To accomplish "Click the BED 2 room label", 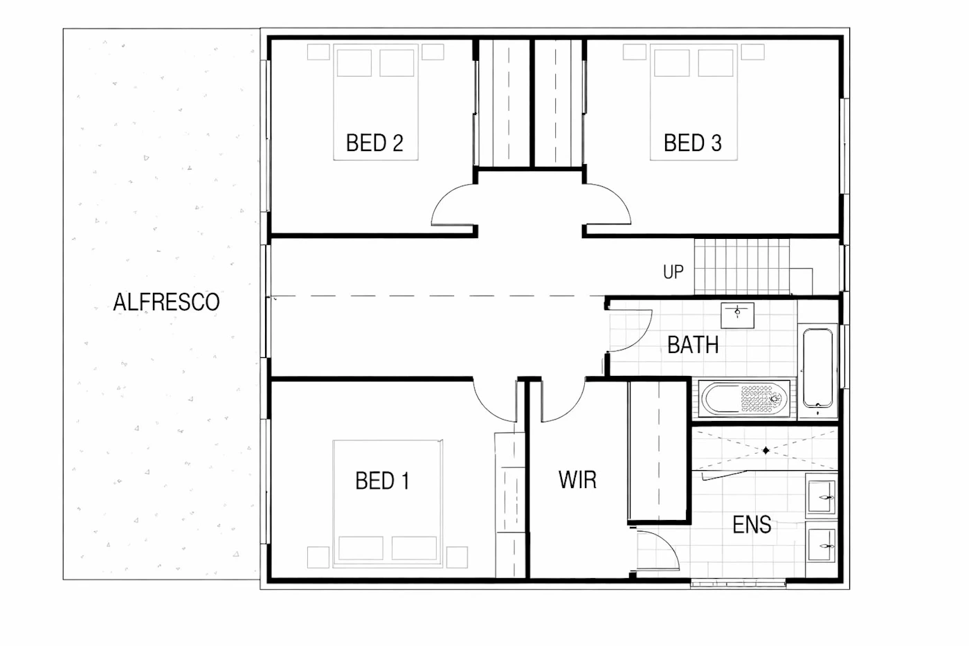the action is (x=374, y=143).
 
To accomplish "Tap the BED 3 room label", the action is (x=693, y=143).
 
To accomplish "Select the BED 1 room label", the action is (x=382, y=481).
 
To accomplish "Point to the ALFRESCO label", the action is (x=167, y=302).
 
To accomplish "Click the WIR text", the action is (x=577, y=479).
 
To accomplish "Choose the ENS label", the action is (x=752, y=524).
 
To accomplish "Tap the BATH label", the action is (x=693, y=345).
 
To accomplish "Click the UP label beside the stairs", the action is (x=673, y=271).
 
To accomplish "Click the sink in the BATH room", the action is (x=738, y=316).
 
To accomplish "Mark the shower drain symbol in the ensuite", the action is (x=766, y=451).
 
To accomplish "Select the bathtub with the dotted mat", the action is (x=745, y=399).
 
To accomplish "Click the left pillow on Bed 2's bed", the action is (x=354, y=63).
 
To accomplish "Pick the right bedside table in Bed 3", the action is (x=753, y=52).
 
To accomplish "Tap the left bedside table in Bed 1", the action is (x=318, y=557).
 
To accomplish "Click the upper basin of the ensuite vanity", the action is (x=822, y=496).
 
